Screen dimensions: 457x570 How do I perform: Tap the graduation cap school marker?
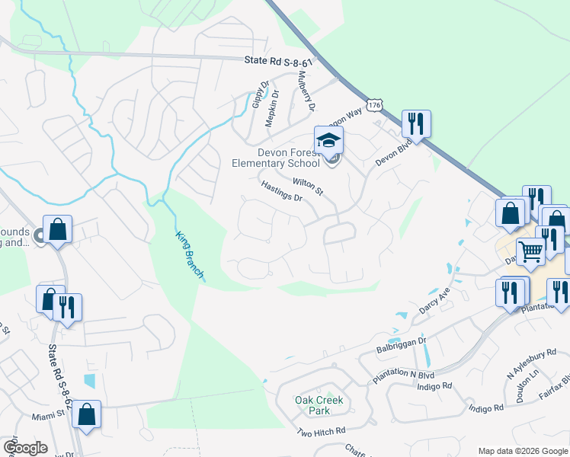click(328, 141)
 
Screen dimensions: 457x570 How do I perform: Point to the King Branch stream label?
click(190, 254)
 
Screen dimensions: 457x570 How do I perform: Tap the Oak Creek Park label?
click(319, 404)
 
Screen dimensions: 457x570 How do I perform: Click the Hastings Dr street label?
click(281, 191)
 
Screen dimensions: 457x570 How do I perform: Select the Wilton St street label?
click(308, 184)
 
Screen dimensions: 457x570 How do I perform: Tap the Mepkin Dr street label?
click(272, 108)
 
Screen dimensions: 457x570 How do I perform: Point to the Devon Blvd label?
click(392, 152)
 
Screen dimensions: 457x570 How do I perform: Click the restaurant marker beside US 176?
click(416, 124)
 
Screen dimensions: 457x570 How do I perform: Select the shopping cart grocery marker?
click(531, 251)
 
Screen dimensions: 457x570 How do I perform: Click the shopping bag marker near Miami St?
click(88, 414)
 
